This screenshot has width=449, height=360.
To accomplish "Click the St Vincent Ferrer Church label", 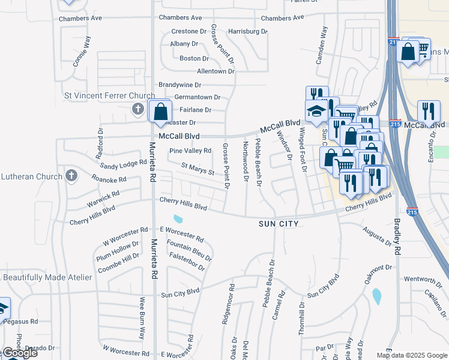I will tap(110, 95).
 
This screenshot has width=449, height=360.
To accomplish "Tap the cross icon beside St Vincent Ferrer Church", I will tap(137, 109).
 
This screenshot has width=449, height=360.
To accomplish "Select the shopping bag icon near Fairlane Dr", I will tap(161, 111).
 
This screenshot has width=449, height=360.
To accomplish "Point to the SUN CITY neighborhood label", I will tap(279, 223).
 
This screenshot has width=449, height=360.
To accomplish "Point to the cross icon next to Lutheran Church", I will tap(71, 176).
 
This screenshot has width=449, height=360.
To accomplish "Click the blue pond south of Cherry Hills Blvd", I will tap(178, 219).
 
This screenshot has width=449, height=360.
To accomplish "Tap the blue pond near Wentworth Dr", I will tap(376, 296).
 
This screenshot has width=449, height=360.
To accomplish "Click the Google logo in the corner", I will tap(20, 353).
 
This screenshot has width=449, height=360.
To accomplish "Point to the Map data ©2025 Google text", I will tap(412, 355).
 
